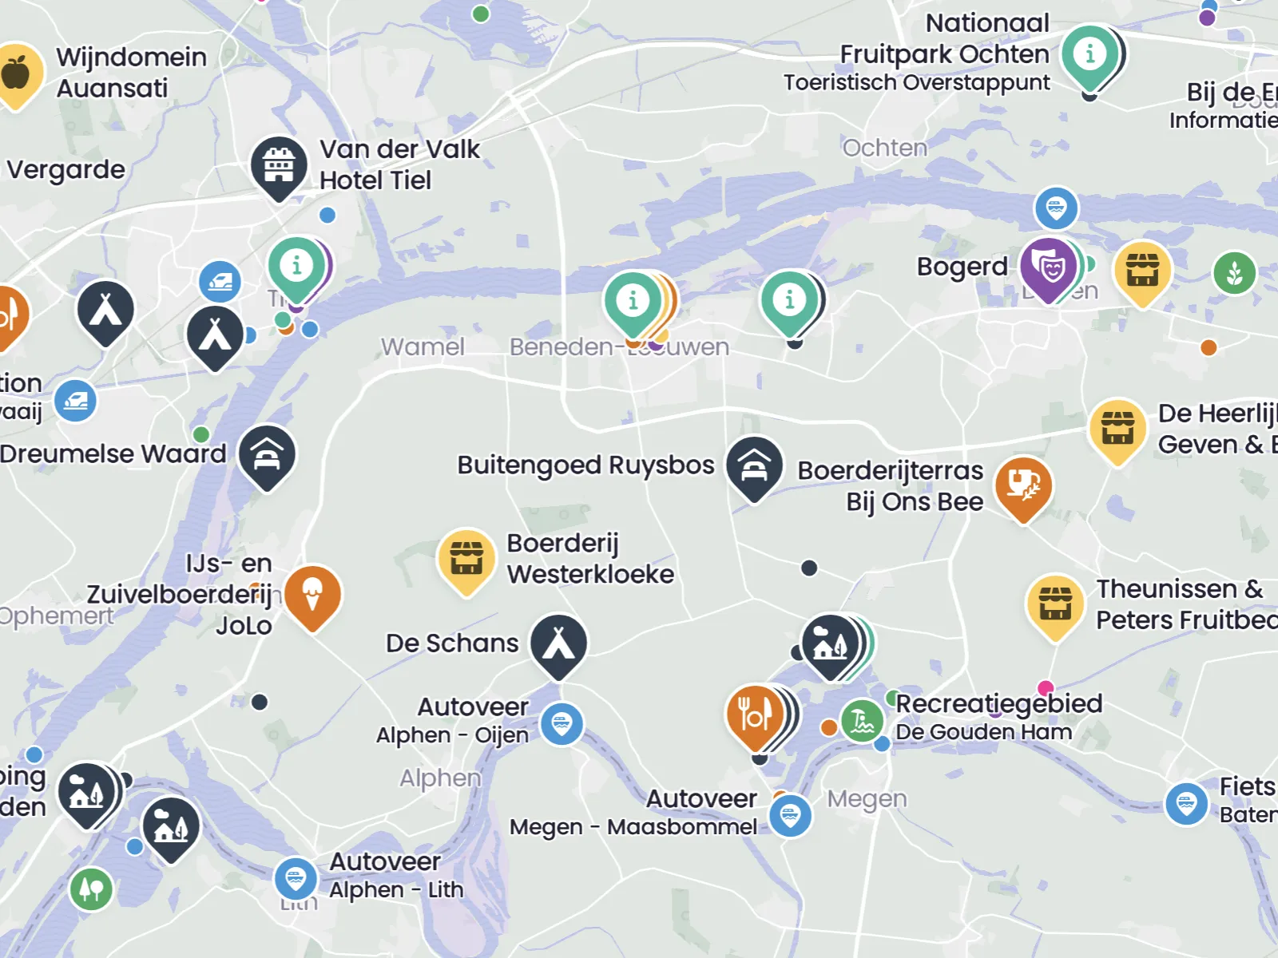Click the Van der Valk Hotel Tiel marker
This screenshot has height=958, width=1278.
279,166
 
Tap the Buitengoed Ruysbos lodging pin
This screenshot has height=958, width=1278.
753,465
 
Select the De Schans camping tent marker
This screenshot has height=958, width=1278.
558,643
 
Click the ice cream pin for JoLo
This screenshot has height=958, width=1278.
312,596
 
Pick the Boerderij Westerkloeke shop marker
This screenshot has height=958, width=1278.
466,557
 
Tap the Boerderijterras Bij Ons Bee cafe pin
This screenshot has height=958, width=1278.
1022,485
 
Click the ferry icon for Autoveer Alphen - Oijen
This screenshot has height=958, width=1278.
562,724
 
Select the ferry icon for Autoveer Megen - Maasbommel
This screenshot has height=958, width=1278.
790,816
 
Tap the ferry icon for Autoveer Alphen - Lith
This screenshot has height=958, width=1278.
296,878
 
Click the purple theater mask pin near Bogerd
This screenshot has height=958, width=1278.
1048,267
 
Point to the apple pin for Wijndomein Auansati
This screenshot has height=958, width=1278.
16,73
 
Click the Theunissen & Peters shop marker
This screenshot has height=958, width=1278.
1054,604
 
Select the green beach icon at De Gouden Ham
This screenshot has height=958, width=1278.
862,721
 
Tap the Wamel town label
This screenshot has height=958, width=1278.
423,346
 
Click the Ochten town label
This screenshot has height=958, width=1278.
885,148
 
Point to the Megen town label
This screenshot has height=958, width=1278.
867,798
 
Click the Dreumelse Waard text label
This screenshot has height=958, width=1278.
113,453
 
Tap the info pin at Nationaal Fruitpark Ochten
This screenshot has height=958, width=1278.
1089,55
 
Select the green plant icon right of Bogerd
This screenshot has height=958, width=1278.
1234,273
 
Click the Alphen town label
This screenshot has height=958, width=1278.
440,778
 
